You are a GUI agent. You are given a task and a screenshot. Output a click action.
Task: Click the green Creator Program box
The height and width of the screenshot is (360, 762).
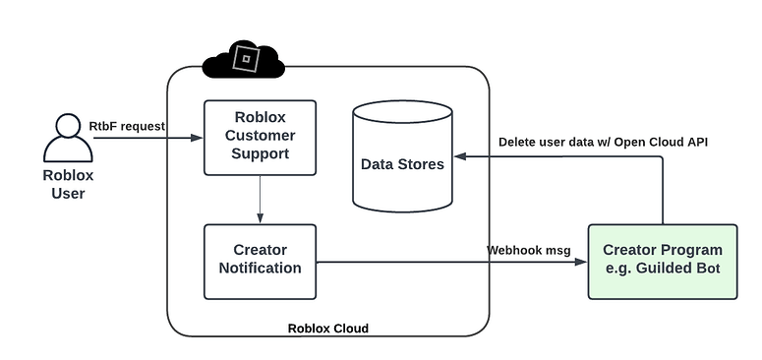[662, 261]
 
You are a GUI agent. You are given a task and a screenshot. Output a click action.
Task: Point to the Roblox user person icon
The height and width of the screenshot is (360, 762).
[67, 139]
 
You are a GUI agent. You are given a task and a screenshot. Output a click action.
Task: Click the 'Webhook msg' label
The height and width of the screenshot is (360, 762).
[528, 250]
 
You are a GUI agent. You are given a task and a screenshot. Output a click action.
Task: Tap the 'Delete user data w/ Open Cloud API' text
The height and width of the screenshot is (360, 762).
[603, 142]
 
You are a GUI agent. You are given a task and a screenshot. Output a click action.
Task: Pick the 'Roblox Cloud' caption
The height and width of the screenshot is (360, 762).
[327, 329]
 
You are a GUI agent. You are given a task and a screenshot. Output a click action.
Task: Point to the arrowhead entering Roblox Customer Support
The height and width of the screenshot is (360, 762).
[199, 138]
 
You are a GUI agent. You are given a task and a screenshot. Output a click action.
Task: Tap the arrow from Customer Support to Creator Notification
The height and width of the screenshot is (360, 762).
[260, 200]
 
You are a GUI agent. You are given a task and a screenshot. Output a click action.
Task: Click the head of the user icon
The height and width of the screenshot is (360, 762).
[67, 126]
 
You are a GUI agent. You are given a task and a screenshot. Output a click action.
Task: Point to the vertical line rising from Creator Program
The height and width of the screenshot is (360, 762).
[663, 192]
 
